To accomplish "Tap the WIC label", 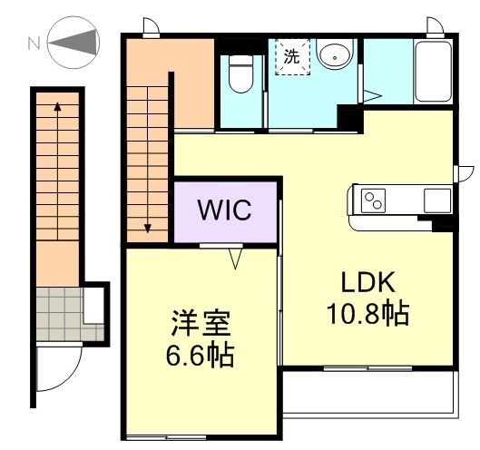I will pyautogui.click(x=226, y=210).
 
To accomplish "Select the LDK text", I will pyautogui.click(x=367, y=283).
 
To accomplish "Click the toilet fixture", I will pyautogui.click(x=240, y=73).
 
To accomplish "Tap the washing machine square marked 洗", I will pyautogui.click(x=292, y=56).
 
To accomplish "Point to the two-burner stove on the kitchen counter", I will pyautogui.click(x=375, y=200).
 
